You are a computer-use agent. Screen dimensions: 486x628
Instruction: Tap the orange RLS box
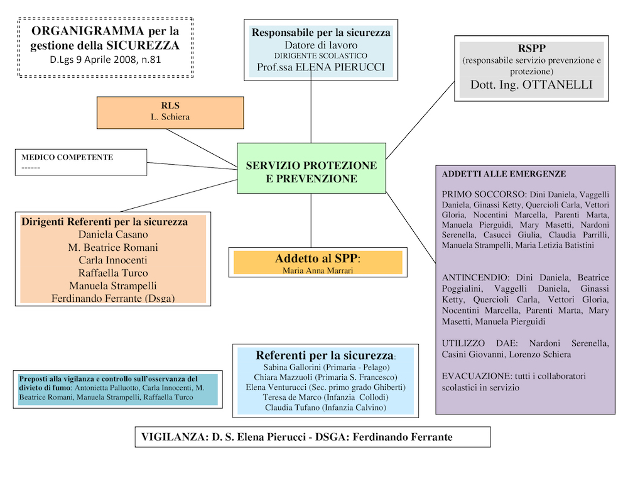(170, 112)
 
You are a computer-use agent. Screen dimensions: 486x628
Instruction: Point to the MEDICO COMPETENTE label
(67, 157)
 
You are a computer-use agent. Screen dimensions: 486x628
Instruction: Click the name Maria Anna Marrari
(318, 270)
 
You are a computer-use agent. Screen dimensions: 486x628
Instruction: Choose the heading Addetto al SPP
(318, 258)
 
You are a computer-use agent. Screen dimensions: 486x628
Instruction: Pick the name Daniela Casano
(113, 235)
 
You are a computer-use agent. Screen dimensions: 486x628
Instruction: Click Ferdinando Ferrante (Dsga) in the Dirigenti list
(113, 299)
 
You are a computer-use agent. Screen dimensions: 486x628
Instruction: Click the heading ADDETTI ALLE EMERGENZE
(504, 174)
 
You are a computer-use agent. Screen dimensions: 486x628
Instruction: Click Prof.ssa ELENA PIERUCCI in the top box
(321, 67)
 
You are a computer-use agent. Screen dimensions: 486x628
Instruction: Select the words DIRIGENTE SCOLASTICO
(321, 56)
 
